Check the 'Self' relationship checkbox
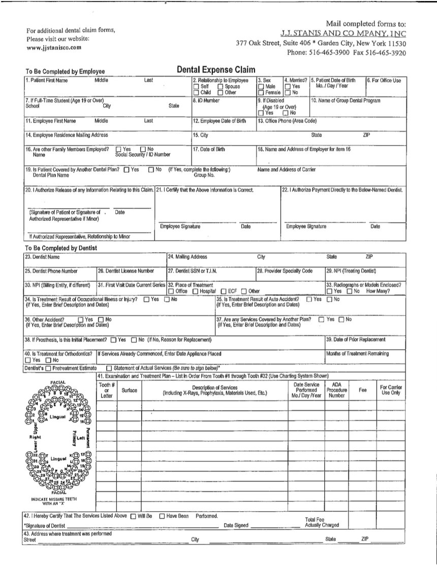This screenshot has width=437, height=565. coord(196,87)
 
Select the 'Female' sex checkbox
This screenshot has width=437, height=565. coord(261,93)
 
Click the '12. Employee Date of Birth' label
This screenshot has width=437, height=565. coord(220,121)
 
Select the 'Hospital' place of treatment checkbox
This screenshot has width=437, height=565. coord(196,291)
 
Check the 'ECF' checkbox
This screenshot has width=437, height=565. coord(223,291)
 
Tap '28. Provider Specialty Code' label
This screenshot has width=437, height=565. coord(285,271)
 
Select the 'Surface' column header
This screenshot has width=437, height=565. coord(129,390)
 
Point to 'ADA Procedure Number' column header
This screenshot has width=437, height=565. coord(336,390)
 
